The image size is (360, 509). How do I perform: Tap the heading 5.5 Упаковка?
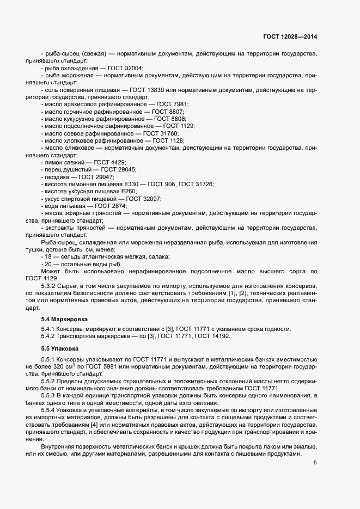(x=60, y=347)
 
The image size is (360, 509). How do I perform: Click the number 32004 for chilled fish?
(x=133, y=69)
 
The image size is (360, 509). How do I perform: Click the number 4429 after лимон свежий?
(x=117, y=162)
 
